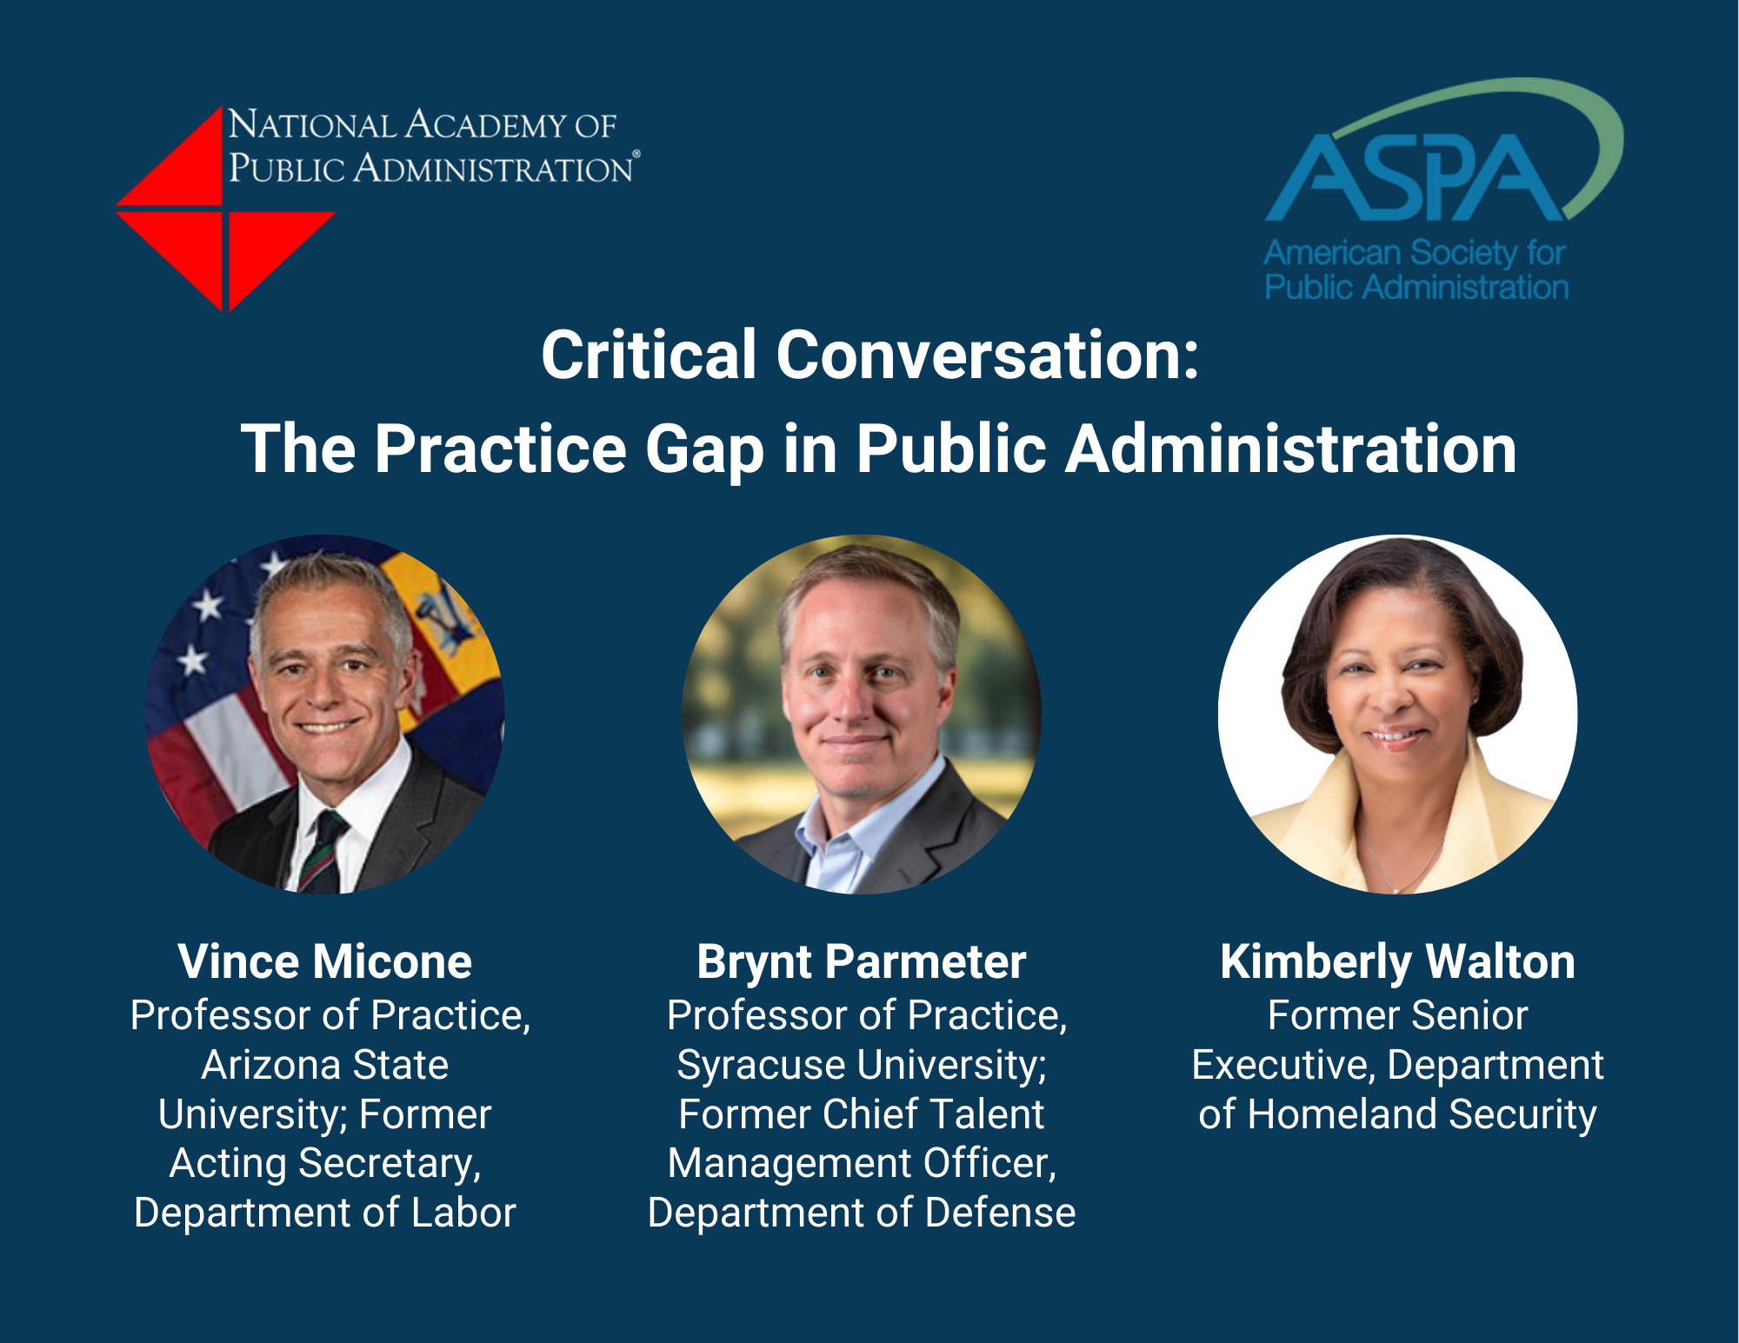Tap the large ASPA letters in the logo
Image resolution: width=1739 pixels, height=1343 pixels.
[1416, 177]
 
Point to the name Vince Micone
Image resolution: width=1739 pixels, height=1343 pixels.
[325, 961]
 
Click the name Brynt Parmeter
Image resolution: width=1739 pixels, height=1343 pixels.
[862, 962]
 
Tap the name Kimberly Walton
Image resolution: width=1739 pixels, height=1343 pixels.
[1397, 962]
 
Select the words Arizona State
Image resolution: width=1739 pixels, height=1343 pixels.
[325, 1065]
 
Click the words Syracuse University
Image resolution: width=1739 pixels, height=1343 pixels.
[862, 1066]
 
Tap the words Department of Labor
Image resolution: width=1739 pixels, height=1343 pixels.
[325, 1213]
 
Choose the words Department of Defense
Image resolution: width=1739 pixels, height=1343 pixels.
[862, 1213]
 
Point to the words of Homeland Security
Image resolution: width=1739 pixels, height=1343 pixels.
[1397, 1114]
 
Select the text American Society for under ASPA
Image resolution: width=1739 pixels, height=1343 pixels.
[1415, 253]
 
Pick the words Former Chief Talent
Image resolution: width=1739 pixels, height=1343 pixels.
[862, 1114]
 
